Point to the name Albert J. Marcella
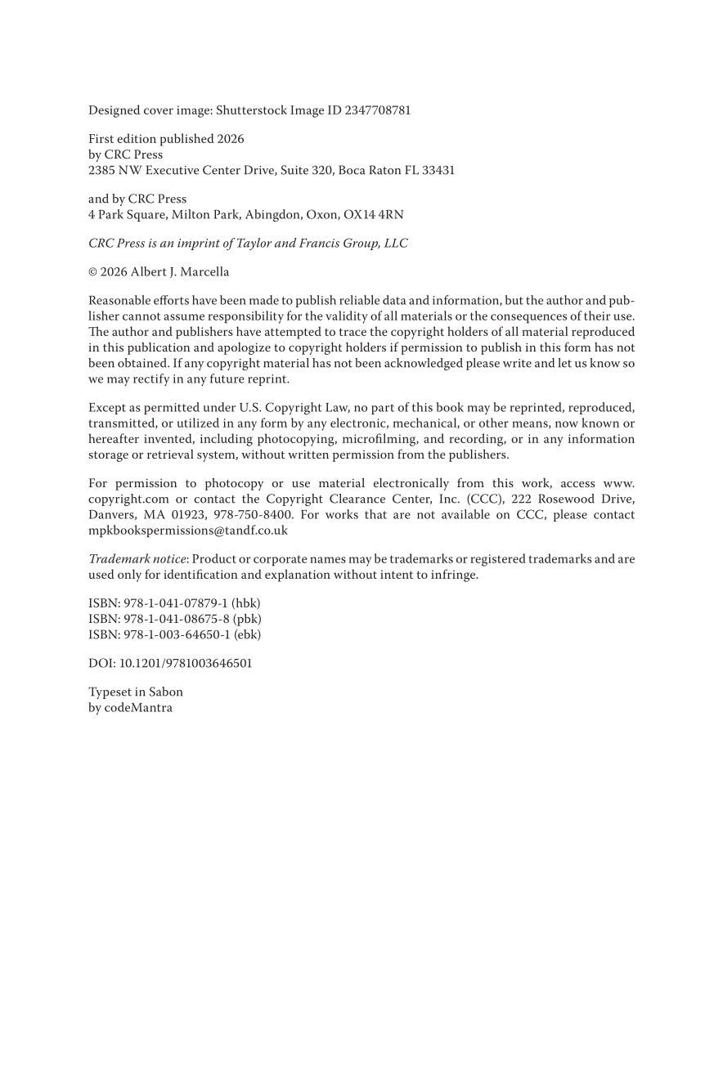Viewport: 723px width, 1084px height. pos(180,271)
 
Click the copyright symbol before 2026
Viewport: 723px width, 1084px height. pos(92,271)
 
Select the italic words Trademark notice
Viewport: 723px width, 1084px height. pos(137,559)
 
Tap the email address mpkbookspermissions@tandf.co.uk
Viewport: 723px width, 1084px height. pos(188,530)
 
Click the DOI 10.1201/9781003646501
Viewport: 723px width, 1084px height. pos(186,663)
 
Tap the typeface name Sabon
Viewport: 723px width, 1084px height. pos(166,692)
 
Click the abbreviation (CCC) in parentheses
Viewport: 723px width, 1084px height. pos(486,499)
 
